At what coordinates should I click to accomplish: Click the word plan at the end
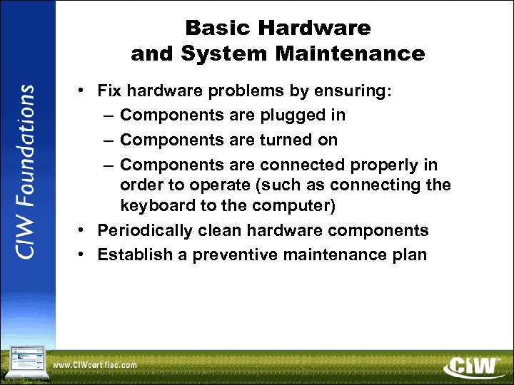[408, 255]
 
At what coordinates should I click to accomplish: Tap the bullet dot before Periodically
[83, 231]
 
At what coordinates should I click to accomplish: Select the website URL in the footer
[94, 365]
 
